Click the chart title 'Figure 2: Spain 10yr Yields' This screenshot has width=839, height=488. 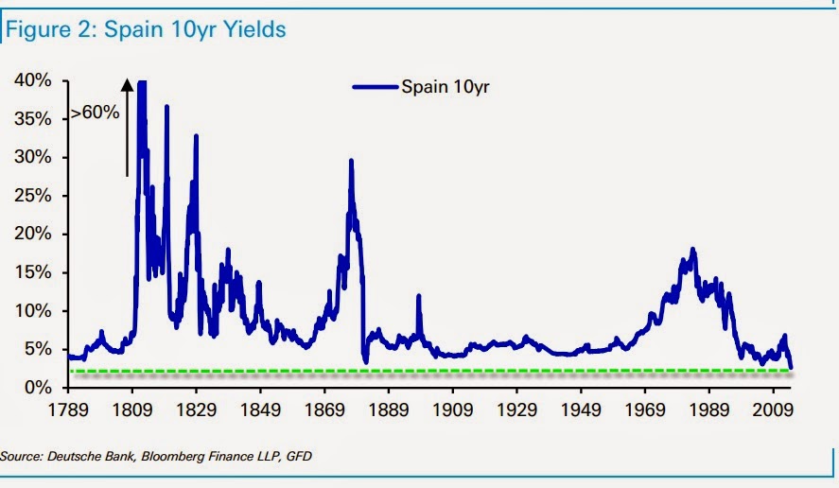(146, 30)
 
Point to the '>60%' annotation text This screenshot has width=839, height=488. (96, 113)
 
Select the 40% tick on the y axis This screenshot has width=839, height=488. (34, 80)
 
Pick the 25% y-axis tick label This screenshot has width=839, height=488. (34, 196)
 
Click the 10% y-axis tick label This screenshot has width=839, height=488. (34, 310)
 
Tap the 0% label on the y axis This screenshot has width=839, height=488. (38, 387)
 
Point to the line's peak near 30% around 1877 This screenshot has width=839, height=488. (351, 161)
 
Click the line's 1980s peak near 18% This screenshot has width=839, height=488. (693, 250)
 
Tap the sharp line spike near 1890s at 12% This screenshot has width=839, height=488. (418, 296)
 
